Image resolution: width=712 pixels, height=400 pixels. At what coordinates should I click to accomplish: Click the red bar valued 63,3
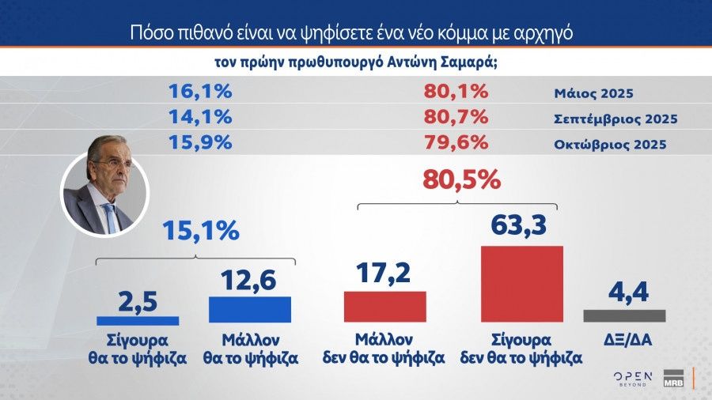pos(521,284)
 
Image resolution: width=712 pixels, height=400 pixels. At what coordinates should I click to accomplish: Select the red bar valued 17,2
pos(384,306)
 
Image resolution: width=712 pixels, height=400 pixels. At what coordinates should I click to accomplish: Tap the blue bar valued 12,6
pos(250,309)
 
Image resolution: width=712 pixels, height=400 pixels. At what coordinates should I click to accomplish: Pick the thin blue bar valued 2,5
pos(138,320)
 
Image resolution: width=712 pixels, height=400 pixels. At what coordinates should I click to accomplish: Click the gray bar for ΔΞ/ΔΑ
pos(623,315)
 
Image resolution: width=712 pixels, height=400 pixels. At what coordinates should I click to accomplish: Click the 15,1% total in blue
pos(200,231)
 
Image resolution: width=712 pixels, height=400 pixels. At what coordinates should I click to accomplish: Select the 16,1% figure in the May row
pos(200,92)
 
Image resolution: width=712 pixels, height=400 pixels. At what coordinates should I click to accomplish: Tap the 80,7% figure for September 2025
pos(456,118)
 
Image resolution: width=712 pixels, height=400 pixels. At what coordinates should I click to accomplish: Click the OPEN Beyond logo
pos(633,377)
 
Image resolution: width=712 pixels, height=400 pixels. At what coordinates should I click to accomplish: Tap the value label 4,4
pos(623,292)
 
